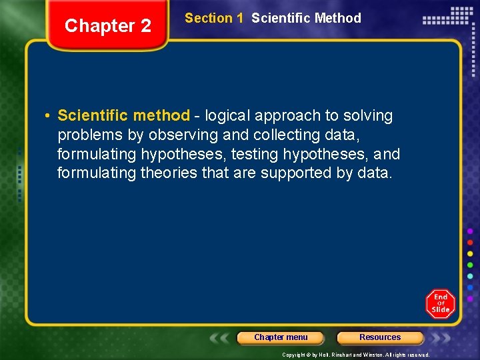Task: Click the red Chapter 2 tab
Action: pyautogui.click(x=108, y=26)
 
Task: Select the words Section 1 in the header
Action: pyautogui.click(x=214, y=18)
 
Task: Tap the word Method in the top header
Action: pyautogui.click(x=338, y=18)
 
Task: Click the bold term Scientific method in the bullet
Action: pyautogui.click(x=123, y=115)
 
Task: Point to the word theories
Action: pyautogui.click(x=170, y=173)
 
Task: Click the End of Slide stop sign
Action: pyautogui.click(x=440, y=303)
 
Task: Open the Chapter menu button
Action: pyautogui.click(x=281, y=337)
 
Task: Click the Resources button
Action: pyautogui.click(x=380, y=337)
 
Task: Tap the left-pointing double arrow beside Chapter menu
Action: pyautogui.click(x=223, y=337)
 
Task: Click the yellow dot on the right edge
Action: pyautogui.click(x=470, y=254)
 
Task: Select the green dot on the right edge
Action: pyautogui.click(x=470, y=265)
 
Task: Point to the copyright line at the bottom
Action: pyautogui.click(x=355, y=355)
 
